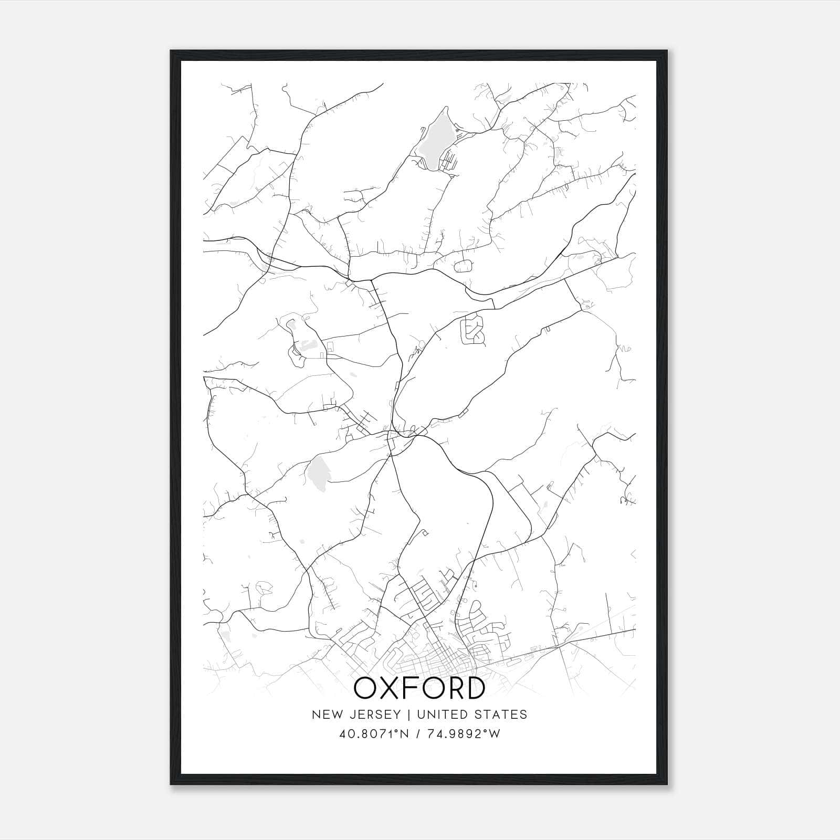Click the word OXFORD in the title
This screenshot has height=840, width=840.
(x=419, y=688)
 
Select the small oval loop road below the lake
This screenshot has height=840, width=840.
(x=463, y=266)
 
